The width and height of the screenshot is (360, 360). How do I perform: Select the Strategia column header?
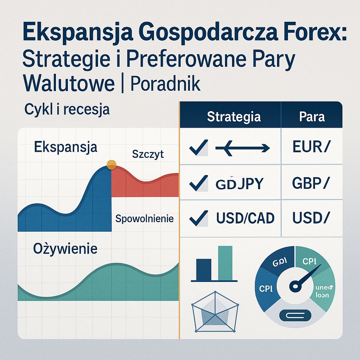(234, 117)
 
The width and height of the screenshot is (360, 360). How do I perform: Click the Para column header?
(312, 117)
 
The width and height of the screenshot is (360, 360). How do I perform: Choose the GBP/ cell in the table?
(311, 183)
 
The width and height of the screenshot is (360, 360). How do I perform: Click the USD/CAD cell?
(245, 219)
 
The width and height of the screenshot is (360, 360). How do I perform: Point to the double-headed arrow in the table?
(242, 148)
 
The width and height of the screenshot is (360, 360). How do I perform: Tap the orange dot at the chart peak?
(111, 164)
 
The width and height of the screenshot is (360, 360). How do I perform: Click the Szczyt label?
(148, 154)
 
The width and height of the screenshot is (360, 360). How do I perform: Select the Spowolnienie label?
(144, 219)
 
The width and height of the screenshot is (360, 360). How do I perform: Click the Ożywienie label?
(65, 249)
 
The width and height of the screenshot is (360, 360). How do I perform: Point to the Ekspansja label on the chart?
(65, 147)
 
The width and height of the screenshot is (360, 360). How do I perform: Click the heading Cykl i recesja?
(67, 109)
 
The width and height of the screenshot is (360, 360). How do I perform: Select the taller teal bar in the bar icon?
(225, 262)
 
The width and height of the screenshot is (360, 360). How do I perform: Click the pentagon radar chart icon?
(215, 311)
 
